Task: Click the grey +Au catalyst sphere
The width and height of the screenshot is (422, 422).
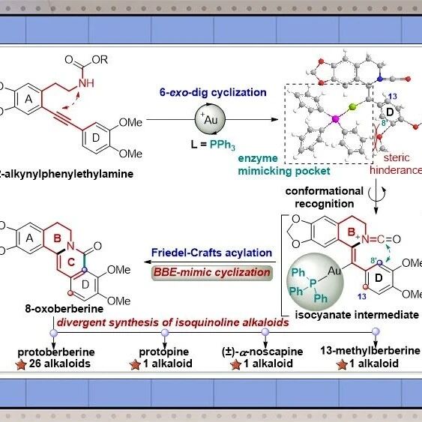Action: (210, 119)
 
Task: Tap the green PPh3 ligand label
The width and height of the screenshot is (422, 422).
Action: (223, 145)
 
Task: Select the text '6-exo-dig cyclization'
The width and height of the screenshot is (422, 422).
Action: (213, 92)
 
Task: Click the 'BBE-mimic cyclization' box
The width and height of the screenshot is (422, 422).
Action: (212, 273)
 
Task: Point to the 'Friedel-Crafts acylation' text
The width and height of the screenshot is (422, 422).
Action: (211, 253)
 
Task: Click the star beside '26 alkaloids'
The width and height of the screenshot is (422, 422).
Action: (21, 365)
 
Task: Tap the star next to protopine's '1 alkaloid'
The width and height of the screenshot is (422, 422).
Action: (135, 365)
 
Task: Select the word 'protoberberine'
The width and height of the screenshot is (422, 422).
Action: (56, 352)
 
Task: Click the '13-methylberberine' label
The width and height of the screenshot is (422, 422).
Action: (370, 350)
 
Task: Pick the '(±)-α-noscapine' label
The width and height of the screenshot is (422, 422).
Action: (262, 352)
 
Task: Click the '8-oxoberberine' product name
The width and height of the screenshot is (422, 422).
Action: (64, 308)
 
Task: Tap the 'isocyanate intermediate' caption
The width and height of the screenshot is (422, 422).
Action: (357, 315)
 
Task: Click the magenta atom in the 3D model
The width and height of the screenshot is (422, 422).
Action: (336, 118)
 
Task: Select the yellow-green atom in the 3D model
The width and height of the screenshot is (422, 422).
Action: (352, 107)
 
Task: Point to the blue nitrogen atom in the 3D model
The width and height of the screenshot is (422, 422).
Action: (380, 79)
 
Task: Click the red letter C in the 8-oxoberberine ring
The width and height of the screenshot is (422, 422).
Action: (71, 262)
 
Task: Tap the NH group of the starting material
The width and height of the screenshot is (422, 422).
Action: (86, 83)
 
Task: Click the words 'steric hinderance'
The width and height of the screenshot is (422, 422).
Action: (396, 163)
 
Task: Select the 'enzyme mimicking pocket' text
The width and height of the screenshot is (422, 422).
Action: (284, 165)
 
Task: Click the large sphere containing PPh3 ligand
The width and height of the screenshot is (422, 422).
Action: (315, 282)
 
